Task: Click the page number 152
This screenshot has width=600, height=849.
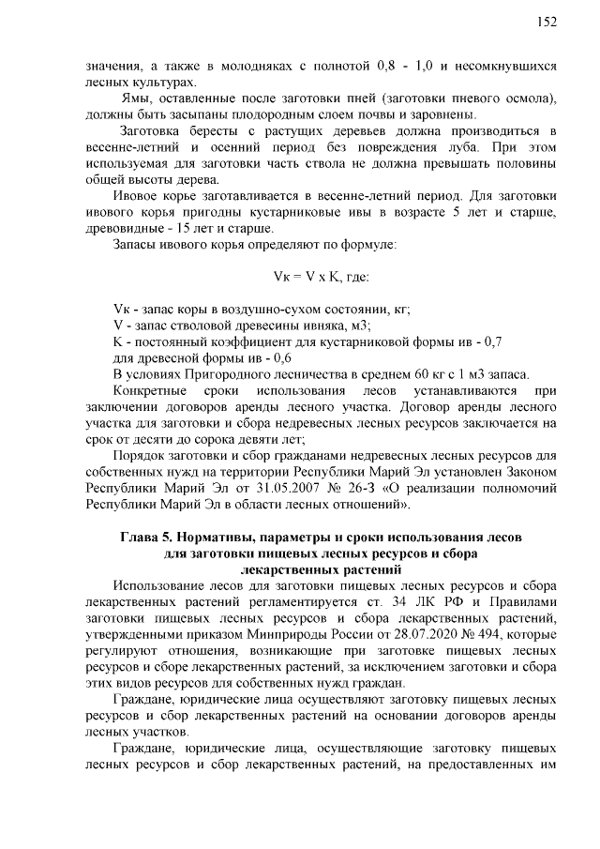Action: pos(547,23)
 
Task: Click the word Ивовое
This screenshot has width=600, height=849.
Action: pos(136,196)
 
